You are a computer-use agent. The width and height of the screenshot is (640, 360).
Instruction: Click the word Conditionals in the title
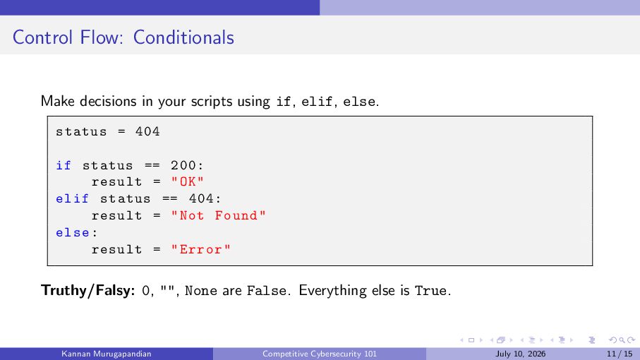(x=183, y=37)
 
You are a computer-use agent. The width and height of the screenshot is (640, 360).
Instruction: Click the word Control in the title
(x=43, y=37)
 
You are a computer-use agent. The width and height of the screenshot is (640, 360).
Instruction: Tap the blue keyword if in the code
(x=64, y=165)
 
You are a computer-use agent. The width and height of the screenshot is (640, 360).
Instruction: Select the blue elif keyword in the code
(x=72, y=199)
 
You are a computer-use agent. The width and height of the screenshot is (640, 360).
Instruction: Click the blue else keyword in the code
(x=73, y=233)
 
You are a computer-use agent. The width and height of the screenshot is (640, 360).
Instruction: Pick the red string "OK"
(x=188, y=181)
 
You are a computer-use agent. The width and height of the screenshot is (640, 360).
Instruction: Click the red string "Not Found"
(x=218, y=215)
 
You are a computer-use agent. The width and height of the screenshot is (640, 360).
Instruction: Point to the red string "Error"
(x=201, y=249)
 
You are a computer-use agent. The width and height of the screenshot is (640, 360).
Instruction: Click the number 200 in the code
(x=183, y=165)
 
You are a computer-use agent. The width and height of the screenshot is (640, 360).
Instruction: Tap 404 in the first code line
(x=147, y=131)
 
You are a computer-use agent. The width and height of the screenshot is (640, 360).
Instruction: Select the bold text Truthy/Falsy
(x=87, y=291)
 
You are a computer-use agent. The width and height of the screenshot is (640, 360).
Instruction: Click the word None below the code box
(x=201, y=291)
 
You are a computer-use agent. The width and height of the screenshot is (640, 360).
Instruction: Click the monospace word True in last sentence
(x=431, y=291)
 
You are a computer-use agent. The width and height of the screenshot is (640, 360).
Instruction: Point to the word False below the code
(x=267, y=291)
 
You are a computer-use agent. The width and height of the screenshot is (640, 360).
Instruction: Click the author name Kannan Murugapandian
(x=106, y=354)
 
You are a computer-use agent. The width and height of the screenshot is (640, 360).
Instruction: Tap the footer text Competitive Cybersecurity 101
(x=320, y=354)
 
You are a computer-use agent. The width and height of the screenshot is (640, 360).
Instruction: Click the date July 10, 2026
(x=521, y=354)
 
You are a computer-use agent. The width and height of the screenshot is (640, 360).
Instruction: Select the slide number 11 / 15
(x=620, y=354)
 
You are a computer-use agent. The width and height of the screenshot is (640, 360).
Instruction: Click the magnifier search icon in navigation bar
(x=622, y=340)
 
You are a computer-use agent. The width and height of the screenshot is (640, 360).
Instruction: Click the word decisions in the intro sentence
(x=108, y=101)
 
